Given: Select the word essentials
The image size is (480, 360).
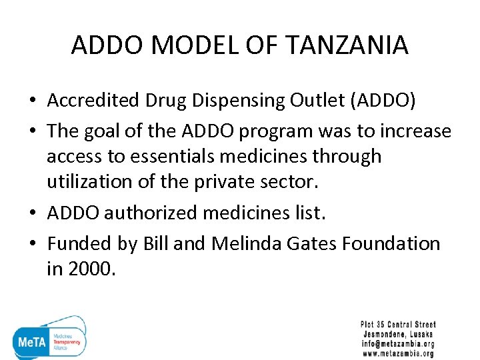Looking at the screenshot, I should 146,157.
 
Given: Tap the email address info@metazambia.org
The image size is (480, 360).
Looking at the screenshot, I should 398,344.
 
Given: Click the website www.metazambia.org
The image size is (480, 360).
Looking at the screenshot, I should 398,354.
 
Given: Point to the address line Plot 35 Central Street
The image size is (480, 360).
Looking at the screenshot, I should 398,325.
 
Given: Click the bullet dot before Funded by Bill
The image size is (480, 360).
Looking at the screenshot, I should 31,244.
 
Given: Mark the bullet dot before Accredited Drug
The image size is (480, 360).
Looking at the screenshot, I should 31,101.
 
